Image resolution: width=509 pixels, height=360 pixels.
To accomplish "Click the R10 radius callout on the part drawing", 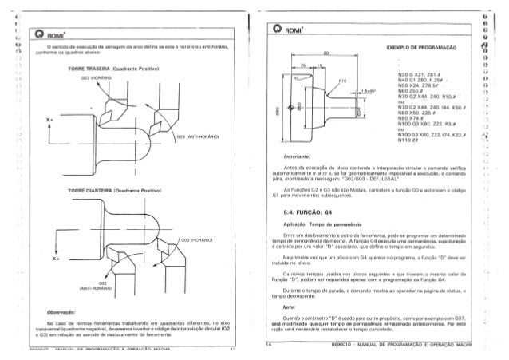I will [x=344, y=81].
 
